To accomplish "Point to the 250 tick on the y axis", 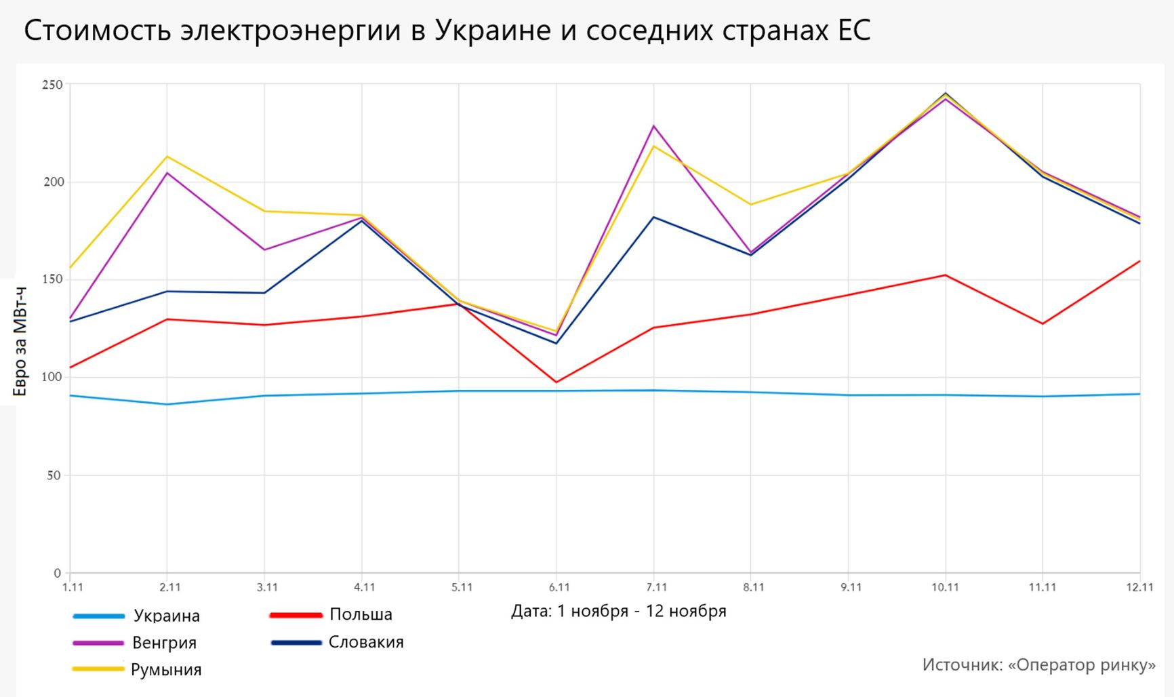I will [x=52, y=85].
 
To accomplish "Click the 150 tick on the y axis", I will [x=52, y=279].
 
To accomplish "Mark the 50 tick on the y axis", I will [x=54, y=475].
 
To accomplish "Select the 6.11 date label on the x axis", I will [x=559, y=587].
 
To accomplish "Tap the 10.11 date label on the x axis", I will [x=945, y=587].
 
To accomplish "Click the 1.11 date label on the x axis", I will [x=73, y=587].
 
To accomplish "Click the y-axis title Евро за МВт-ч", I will [x=20, y=342].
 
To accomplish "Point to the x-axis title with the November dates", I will [x=618, y=611].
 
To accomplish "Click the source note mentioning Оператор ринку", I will [x=1038, y=664].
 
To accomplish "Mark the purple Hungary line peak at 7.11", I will [x=654, y=126].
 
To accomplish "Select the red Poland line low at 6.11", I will [x=556, y=382].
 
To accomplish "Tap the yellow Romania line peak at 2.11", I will [x=167, y=157].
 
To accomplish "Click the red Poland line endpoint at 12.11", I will [x=1139, y=261].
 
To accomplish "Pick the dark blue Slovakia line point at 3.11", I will [x=264, y=293].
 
